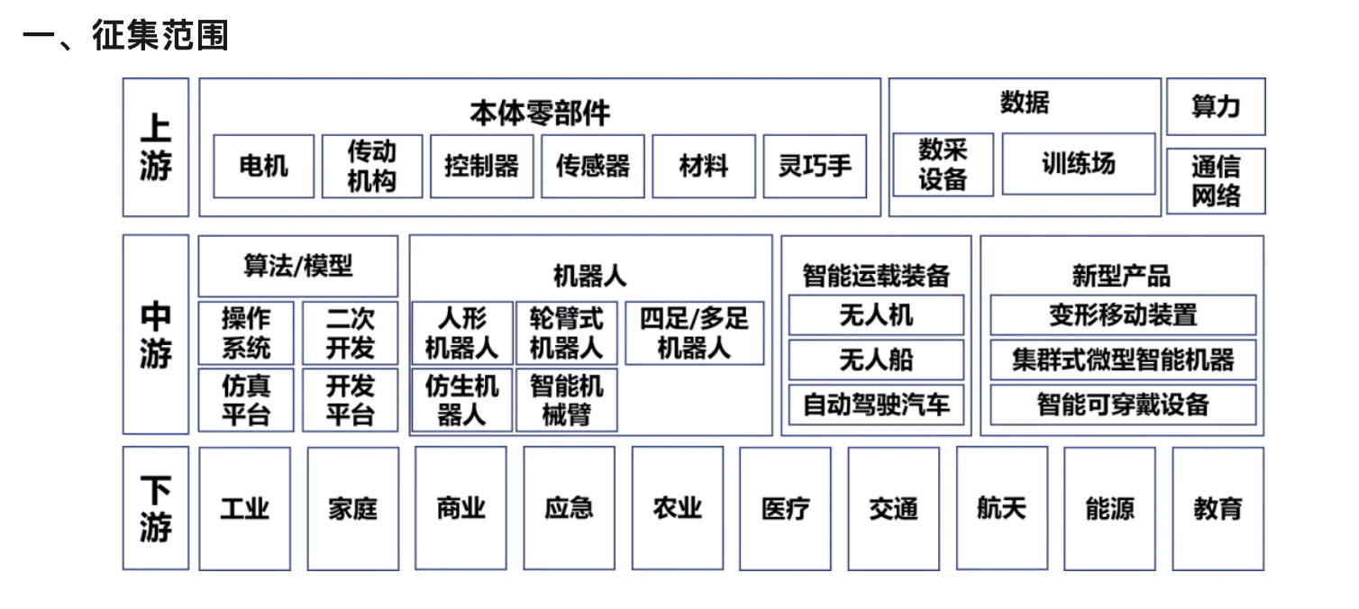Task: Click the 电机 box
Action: click(x=264, y=166)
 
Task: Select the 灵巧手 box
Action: click(x=815, y=166)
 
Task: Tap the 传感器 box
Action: click(x=593, y=166)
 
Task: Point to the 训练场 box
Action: click(x=1079, y=164)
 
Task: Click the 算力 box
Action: click(x=1216, y=107)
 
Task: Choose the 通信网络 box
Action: click(x=1216, y=181)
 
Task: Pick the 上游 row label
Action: click(x=156, y=148)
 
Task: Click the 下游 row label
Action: click(x=156, y=508)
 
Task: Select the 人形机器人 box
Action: click(x=462, y=333)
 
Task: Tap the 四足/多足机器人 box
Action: click(x=695, y=333)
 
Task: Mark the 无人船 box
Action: click(x=876, y=359)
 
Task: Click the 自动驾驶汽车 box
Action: click(x=876, y=404)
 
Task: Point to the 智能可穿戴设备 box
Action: click(x=1123, y=404)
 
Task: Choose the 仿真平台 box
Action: click(x=246, y=400)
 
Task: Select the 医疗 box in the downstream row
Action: click(x=785, y=508)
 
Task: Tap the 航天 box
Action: click(x=1001, y=508)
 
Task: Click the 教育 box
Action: click(x=1218, y=508)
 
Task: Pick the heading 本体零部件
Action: click(x=540, y=113)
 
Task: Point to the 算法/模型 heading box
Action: click(x=298, y=266)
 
